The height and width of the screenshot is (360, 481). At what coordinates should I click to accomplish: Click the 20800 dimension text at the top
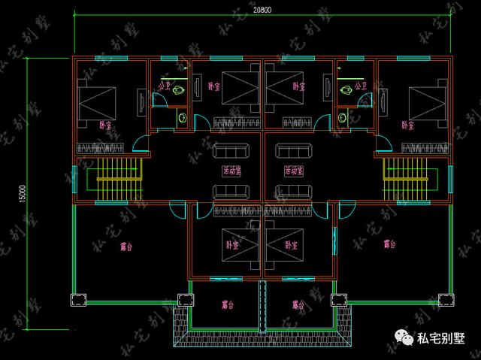[x=263, y=9]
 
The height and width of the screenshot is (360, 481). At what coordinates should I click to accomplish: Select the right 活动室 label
[x=295, y=171]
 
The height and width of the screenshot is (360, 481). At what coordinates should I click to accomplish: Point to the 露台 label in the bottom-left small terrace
[x=227, y=304]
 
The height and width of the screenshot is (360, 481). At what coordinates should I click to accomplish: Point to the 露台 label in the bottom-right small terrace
[x=298, y=304]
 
